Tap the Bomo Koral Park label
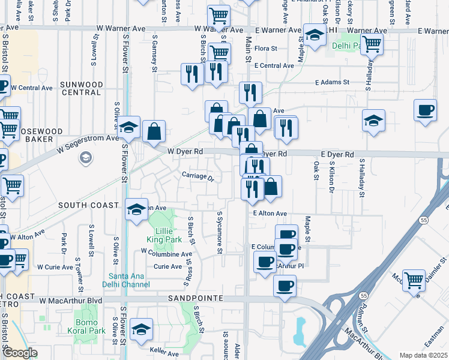click(x=90, y=327)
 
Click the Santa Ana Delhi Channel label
click(x=126, y=280)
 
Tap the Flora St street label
click(x=265, y=48)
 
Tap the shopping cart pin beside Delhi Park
click(x=372, y=43)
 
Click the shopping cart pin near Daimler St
click(x=414, y=279)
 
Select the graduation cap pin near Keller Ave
click(x=141, y=329)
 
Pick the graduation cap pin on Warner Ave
click(x=314, y=35)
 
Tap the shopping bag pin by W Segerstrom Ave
click(x=154, y=130)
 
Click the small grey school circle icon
click(x=85, y=158)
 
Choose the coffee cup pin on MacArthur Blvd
click(x=285, y=285)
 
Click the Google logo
click(x=20, y=353)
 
